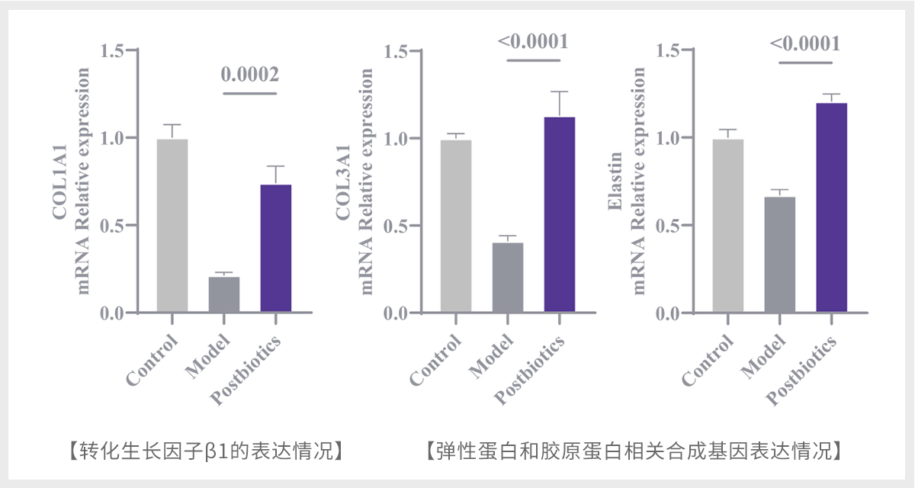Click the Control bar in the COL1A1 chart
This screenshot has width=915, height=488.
click(172, 226)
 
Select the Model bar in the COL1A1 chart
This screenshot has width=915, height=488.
click(224, 294)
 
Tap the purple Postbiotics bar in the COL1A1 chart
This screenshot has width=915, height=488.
click(276, 249)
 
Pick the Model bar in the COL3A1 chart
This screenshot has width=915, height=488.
click(508, 278)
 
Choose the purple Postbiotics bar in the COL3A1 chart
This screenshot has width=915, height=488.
click(560, 214)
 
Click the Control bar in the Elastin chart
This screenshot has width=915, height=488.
click(728, 226)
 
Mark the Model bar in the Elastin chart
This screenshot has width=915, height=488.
click(780, 255)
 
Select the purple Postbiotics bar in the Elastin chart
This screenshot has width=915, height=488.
click(832, 207)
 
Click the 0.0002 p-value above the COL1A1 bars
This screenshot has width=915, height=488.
click(250, 75)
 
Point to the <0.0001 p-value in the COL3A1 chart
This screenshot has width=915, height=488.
click(534, 41)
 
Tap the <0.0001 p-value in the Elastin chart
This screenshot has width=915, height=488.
click(805, 43)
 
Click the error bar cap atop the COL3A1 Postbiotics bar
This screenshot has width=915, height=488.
click(560, 91)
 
